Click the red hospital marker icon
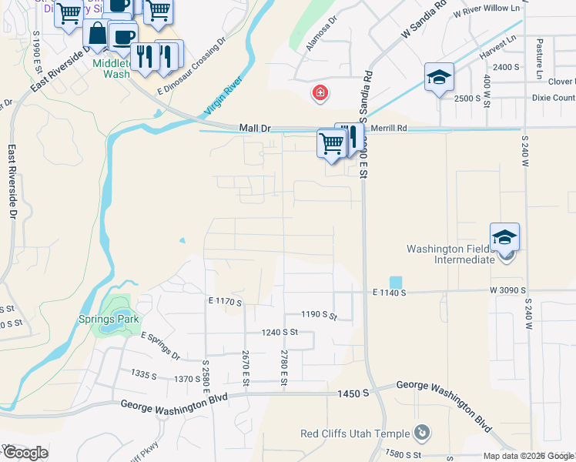pos(319,94)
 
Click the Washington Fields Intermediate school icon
pos(504,237)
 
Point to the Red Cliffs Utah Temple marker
pos(421,433)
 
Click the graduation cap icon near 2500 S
pos(439,77)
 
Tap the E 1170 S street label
pos(225,302)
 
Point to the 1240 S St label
pos(280,332)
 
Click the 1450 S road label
pos(353,393)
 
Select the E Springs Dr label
pos(160,346)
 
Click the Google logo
pos(25,453)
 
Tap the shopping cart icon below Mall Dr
pos(331,143)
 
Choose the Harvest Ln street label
pos(496,53)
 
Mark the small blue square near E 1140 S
pos(395,283)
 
